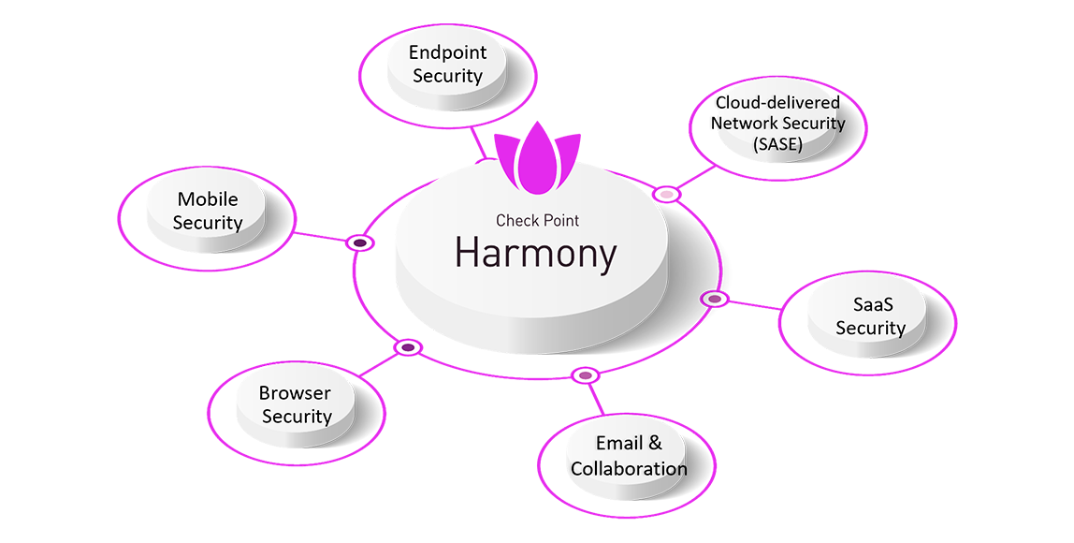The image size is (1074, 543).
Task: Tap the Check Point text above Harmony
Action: (537, 221)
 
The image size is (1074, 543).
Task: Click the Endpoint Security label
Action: (446, 65)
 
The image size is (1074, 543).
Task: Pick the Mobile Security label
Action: (208, 211)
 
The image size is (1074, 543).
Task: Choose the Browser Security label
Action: (296, 404)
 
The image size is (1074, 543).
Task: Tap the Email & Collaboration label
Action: (629, 456)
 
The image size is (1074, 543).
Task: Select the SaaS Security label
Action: (870, 316)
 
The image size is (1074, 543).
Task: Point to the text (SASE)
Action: (777, 143)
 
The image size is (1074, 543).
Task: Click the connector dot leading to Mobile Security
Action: (360, 242)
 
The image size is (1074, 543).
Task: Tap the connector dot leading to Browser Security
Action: (407, 347)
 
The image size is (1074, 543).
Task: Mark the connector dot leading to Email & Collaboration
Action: (586, 375)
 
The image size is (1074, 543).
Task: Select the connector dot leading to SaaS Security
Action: (714, 299)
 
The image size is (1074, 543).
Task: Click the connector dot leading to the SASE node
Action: (666, 194)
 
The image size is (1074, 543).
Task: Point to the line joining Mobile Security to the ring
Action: (321, 236)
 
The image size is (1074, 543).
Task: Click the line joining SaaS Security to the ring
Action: (754, 304)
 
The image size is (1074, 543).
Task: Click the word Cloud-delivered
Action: (777, 102)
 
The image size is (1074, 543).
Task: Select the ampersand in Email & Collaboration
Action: (655, 444)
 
